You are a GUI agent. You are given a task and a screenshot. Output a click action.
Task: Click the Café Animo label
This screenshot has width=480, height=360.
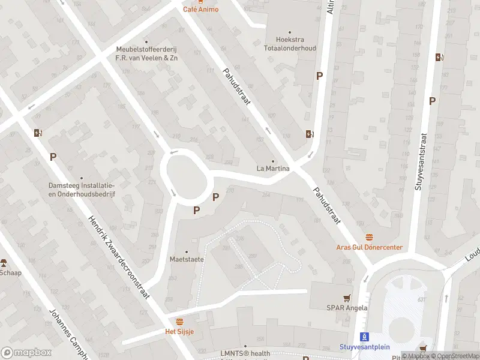pos(201,10)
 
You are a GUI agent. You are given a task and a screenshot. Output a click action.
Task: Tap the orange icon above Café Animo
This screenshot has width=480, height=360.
pos(201,2)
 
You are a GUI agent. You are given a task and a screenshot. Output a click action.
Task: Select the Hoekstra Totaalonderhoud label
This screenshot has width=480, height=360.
pos(290,44)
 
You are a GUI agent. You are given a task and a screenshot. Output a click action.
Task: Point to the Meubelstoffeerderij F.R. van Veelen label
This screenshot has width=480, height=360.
pos(147,54)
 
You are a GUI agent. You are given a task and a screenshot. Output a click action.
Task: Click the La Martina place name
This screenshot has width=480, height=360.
pos(273,169)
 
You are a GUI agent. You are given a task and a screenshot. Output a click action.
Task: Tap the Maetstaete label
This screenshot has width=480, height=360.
pos(186,259)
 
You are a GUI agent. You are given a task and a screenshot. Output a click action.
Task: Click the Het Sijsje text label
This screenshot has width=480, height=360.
pos(179,331)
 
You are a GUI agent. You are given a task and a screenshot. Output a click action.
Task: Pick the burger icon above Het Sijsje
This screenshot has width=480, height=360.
pos(179,322)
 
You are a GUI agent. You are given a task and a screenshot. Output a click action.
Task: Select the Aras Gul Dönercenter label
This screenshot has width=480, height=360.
pos(369,248)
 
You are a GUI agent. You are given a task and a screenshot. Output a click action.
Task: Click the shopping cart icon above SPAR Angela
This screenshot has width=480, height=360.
pos(347,298)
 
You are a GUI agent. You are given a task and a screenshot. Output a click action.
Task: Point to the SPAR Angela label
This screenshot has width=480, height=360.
pos(347,308)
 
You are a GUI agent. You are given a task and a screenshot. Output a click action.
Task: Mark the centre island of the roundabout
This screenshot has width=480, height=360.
pos(184,176)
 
